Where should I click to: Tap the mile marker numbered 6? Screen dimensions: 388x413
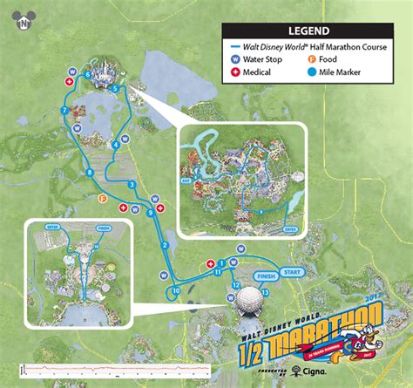(x=88, y=75)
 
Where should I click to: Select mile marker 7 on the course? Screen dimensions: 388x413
(x=64, y=110)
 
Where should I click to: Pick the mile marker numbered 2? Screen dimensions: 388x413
(x=165, y=245)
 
